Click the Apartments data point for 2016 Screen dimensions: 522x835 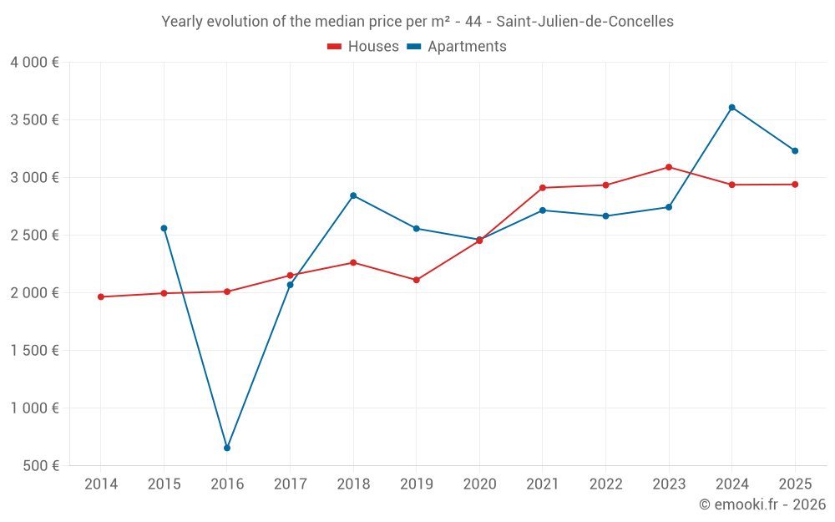(x=227, y=449)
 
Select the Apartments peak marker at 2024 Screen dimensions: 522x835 (x=732, y=107)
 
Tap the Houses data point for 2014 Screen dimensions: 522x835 (x=101, y=296)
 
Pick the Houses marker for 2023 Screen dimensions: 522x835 (x=669, y=167)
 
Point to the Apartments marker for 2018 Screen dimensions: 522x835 (x=353, y=195)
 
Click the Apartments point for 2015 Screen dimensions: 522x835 (x=164, y=228)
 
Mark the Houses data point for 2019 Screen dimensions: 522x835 (x=417, y=280)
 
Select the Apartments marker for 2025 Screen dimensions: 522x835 (x=795, y=151)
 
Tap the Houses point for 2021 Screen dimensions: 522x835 (x=543, y=188)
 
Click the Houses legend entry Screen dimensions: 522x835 (x=363, y=47)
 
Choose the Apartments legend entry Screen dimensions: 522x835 (x=457, y=47)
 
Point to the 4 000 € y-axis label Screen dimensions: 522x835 (x=34, y=62)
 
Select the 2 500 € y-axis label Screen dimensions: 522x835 (x=34, y=235)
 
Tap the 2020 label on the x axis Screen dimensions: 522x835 (x=479, y=484)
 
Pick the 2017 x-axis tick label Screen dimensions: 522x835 (x=290, y=484)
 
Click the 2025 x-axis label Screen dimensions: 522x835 (x=795, y=484)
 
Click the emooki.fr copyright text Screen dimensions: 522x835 (x=762, y=504)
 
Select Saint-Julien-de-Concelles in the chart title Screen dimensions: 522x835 (x=585, y=22)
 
